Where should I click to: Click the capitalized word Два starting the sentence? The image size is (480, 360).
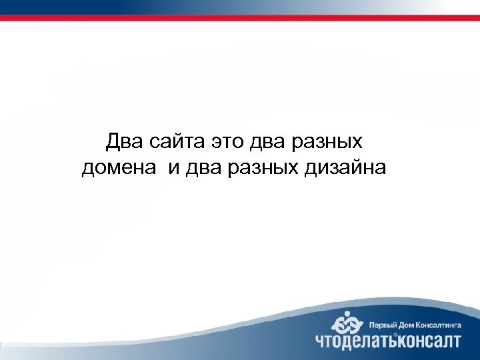pyautogui.click(x=121, y=142)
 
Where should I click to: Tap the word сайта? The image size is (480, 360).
pyautogui.click(x=172, y=143)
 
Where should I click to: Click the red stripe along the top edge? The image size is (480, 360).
pyautogui.click(x=240, y=18)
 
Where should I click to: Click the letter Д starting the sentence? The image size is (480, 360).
pyautogui.click(x=112, y=142)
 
